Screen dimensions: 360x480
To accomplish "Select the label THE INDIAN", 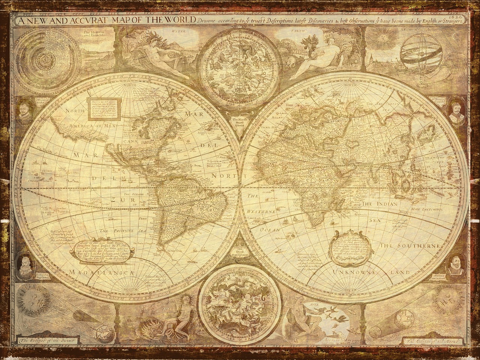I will click(x=379, y=204).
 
